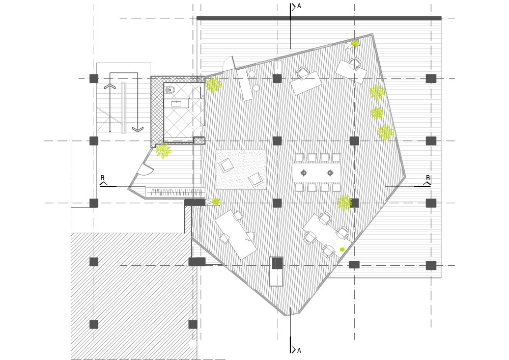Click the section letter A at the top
coord(299,6)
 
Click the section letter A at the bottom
coord(299,351)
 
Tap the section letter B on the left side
coord(103,178)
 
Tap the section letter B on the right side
coord(428,178)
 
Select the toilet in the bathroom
coord(171,90)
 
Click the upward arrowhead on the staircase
coord(110,86)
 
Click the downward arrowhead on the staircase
coord(137,129)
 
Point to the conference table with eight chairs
coord(317,173)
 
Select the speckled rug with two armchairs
coord(241,170)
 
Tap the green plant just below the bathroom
coord(163,150)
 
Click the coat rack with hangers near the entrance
coord(175,192)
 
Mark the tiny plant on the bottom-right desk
coord(342,250)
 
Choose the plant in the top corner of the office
coord(354,43)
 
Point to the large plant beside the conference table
coord(344,203)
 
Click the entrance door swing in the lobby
coord(145,169)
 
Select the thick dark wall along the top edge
coord(319,18)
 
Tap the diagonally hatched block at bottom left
coord(134,295)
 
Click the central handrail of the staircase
coord(124,108)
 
